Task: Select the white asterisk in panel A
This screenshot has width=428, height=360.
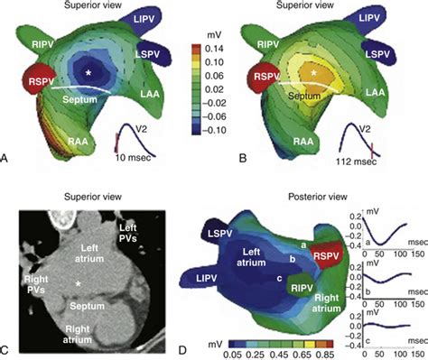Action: (x=88, y=70)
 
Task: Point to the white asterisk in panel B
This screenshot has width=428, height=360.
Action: (x=314, y=68)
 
